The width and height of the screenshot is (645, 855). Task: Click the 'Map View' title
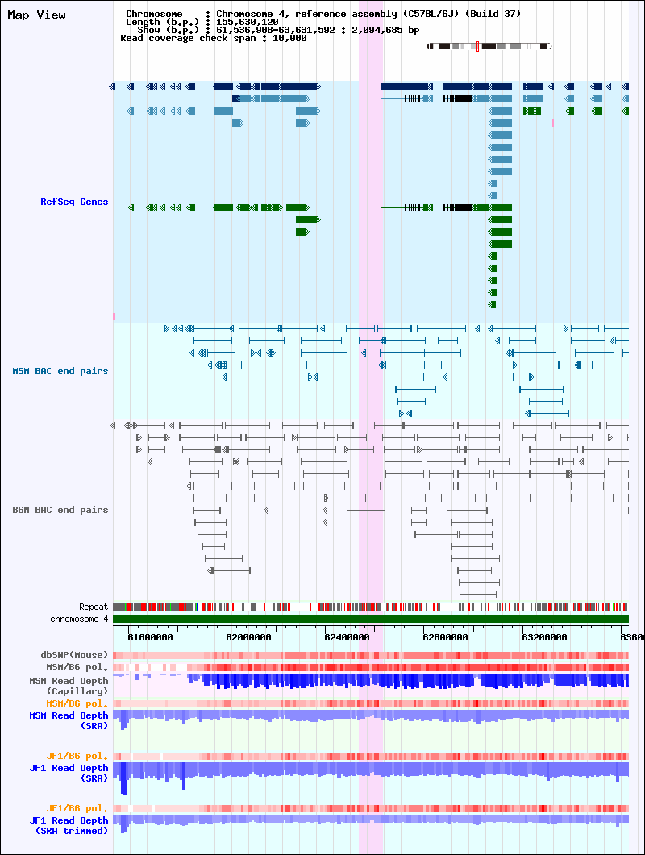pyautogui.click(x=36, y=15)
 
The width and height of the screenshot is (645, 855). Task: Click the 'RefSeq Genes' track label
pyautogui.click(x=74, y=202)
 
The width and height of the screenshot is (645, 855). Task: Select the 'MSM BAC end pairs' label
pyautogui.click(x=60, y=371)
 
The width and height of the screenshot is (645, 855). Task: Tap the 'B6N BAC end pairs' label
pyautogui.click(x=60, y=510)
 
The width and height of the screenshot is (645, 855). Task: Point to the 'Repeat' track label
pyautogui.click(x=94, y=607)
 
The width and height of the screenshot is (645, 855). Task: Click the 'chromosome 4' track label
pyautogui.click(x=79, y=619)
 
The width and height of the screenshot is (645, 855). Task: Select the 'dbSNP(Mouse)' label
pyautogui.click(x=74, y=655)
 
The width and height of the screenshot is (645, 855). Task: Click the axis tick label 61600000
pyautogui.click(x=151, y=637)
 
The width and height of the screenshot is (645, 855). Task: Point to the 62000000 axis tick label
pyautogui.click(x=248, y=637)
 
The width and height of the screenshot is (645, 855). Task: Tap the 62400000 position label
pyautogui.click(x=347, y=637)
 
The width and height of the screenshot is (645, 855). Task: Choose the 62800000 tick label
pyautogui.click(x=445, y=637)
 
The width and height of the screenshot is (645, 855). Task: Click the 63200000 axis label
pyautogui.click(x=544, y=637)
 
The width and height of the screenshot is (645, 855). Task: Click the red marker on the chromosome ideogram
pyautogui.click(x=477, y=46)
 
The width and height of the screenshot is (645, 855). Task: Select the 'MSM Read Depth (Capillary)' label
pyautogui.click(x=69, y=686)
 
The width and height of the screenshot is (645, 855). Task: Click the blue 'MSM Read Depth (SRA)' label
pyautogui.click(x=69, y=720)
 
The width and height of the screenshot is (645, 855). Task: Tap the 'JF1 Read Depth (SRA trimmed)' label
pyautogui.click(x=69, y=825)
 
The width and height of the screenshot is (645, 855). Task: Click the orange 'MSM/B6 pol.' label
pyautogui.click(x=77, y=704)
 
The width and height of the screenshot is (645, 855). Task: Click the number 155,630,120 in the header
pyautogui.click(x=247, y=22)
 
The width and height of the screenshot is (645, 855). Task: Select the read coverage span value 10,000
pyautogui.click(x=289, y=38)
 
